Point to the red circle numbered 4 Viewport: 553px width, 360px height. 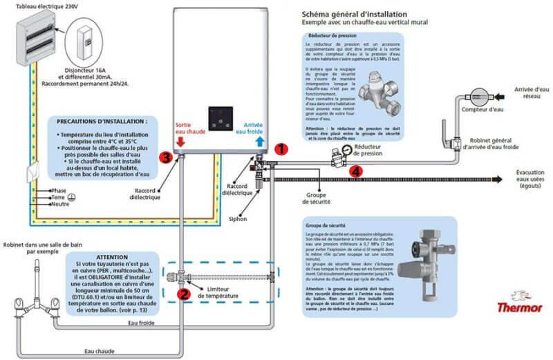(355, 170)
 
